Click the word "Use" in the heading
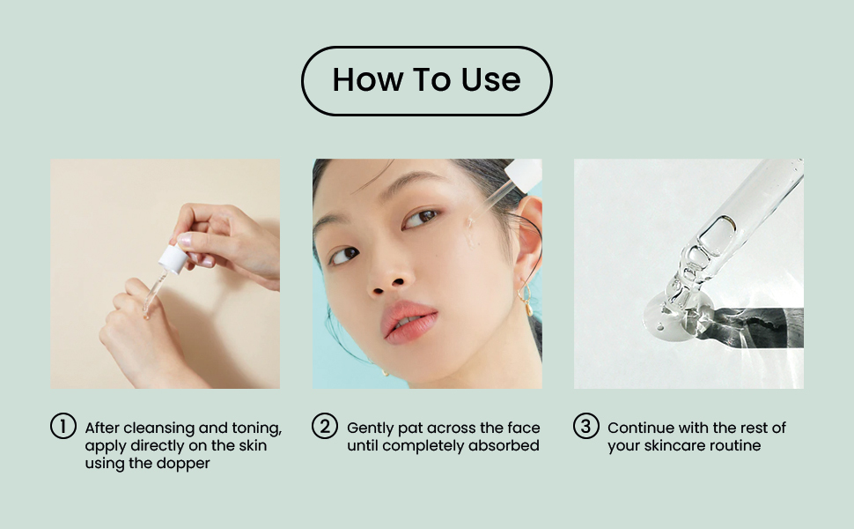coord(490,79)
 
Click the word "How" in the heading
coord(368,79)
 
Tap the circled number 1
coord(63,426)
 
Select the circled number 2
coord(325,426)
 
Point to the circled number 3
coord(586,426)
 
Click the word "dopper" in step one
coord(183,464)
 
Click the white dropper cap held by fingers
coord(173,259)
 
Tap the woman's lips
coord(409,322)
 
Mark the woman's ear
coord(527,240)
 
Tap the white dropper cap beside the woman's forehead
coord(523,174)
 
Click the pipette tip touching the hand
coord(146,314)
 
